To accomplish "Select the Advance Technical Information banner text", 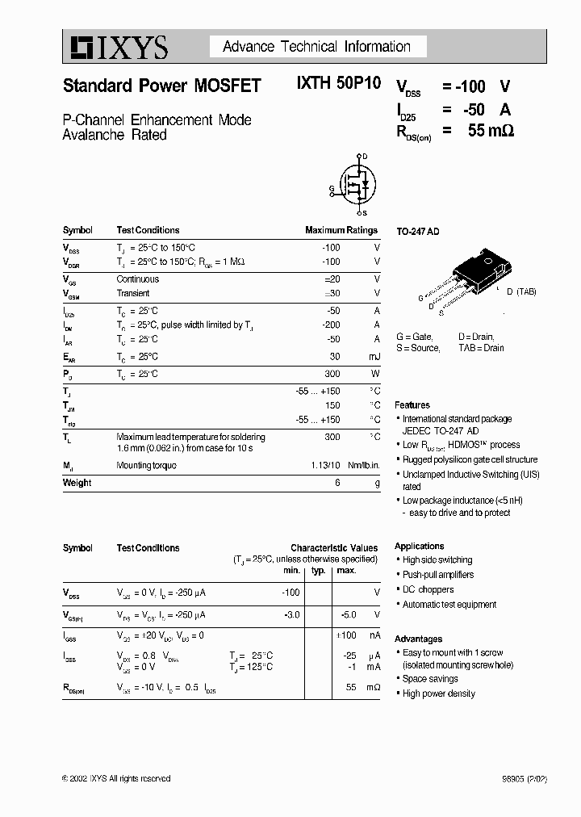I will point(316,47).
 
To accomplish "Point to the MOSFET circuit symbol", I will point(353,185).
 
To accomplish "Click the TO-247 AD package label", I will point(417,231).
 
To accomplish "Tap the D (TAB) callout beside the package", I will point(520,291).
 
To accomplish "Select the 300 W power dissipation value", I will point(332,374).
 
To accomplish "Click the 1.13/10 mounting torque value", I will point(324,465).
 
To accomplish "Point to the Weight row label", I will point(77,483).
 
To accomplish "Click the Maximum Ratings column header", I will point(342,230).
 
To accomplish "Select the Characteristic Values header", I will point(333,547).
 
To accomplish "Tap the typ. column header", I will point(318,571).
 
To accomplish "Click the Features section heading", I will point(412,405).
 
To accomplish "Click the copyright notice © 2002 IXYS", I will point(116,778).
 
